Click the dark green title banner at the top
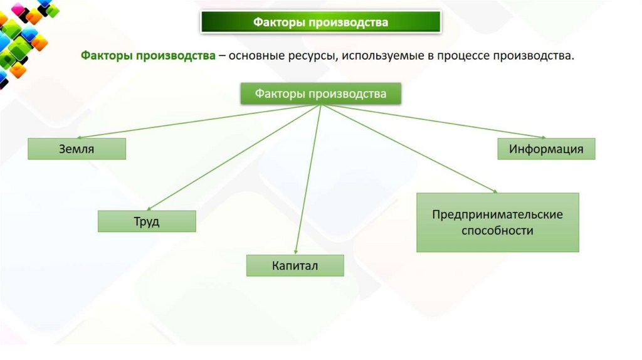pyautogui.click(x=320, y=23)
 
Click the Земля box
pyautogui.click(x=76, y=149)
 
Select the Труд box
pyautogui.click(x=147, y=221)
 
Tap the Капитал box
pyautogui.click(x=295, y=265)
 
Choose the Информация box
pyautogui.click(x=546, y=149)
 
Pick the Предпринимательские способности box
pyautogui.click(x=497, y=222)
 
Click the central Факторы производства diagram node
pyautogui.click(x=320, y=94)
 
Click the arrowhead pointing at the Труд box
pyautogui.click(x=150, y=209)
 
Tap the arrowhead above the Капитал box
pyautogui.click(x=295, y=251)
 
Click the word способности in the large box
pyautogui.click(x=497, y=230)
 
